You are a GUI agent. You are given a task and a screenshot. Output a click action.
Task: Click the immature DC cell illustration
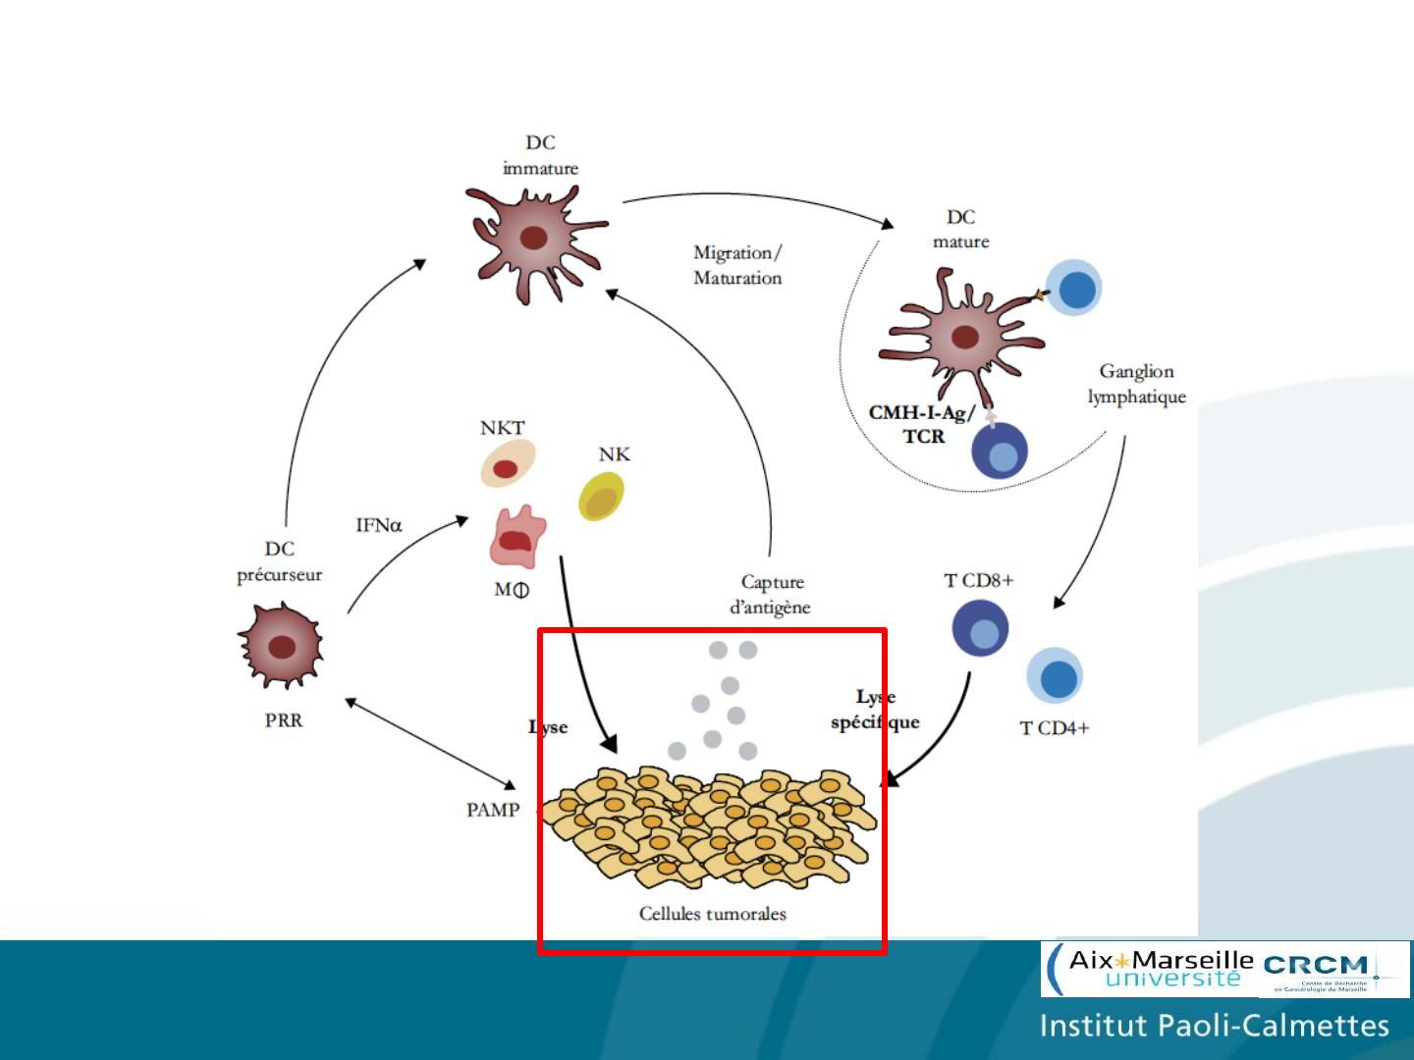pyautogui.click(x=534, y=238)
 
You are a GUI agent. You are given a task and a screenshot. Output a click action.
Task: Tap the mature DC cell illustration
pyautogui.click(x=962, y=336)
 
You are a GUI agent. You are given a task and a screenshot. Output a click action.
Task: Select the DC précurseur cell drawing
pyautogui.click(x=281, y=646)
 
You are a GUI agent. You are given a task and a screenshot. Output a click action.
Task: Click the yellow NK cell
pyautogui.click(x=601, y=497)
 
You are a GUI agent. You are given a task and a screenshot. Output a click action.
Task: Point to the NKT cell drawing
pyautogui.click(x=507, y=464)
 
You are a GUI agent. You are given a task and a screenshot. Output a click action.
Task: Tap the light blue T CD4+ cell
pyautogui.click(x=1056, y=677)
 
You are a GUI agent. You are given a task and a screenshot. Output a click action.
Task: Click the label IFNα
pyautogui.click(x=378, y=525)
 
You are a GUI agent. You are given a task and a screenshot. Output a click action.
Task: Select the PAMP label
pyautogui.click(x=492, y=810)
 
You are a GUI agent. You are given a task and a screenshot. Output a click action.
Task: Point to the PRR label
pyautogui.click(x=284, y=720)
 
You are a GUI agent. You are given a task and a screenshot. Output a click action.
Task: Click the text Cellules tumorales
pyautogui.click(x=712, y=914)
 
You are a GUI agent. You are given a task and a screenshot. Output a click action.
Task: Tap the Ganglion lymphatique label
pyautogui.click(x=1136, y=384)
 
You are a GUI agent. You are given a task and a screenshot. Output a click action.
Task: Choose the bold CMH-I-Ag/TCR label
pyautogui.click(x=922, y=424)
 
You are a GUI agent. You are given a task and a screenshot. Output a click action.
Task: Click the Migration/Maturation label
pyautogui.click(x=737, y=265)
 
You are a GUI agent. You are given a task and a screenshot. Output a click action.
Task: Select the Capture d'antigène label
pyautogui.click(x=771, y=595)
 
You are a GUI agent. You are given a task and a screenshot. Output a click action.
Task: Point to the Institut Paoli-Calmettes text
pyautogui.click(x=1214, y=1027)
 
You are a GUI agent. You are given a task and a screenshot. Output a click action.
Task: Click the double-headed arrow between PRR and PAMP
pyautogui.click(x=430, y=743)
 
